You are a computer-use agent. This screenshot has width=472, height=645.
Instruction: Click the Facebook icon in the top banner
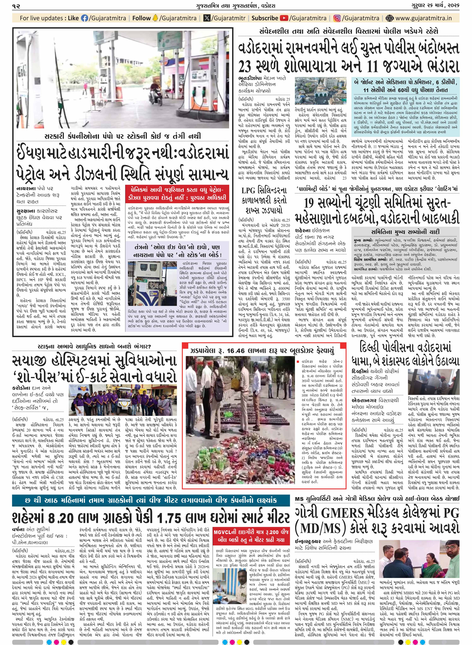point(85,18)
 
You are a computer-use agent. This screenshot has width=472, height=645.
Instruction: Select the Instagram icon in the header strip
point(337,18)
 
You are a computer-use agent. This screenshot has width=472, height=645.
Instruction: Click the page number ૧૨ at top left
point(16,6)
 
